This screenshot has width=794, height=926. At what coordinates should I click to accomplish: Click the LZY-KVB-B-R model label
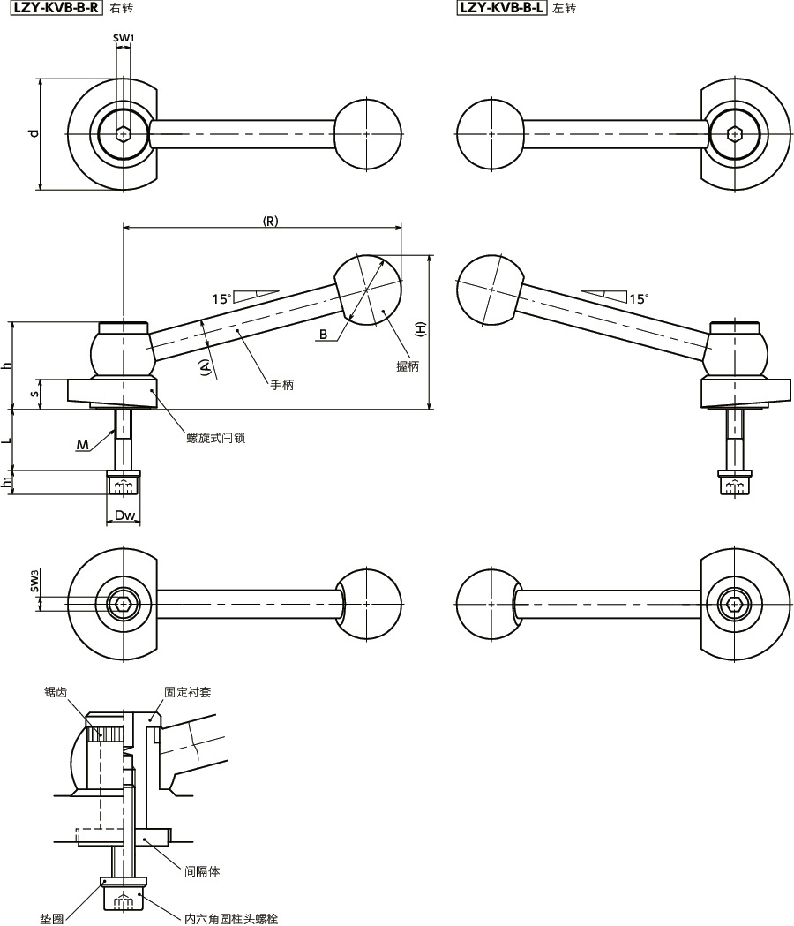tap(56, 8)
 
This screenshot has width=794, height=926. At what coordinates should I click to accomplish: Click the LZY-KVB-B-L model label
tap(502, 8)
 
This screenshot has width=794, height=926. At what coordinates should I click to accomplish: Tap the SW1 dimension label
tap(124, 38)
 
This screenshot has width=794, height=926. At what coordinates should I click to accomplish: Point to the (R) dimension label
tap(270, 221)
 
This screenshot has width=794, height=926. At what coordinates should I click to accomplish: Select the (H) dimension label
tap(420, 328)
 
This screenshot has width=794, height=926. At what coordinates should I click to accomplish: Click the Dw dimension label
tap(124, 515)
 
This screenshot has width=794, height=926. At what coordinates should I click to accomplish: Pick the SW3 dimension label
tap(34, 581)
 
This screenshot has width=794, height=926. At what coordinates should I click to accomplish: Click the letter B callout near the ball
tap(324, 335)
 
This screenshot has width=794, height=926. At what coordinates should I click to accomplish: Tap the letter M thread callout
tap(83, 445)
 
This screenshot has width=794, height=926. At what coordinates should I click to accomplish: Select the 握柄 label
tap(408, 366)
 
